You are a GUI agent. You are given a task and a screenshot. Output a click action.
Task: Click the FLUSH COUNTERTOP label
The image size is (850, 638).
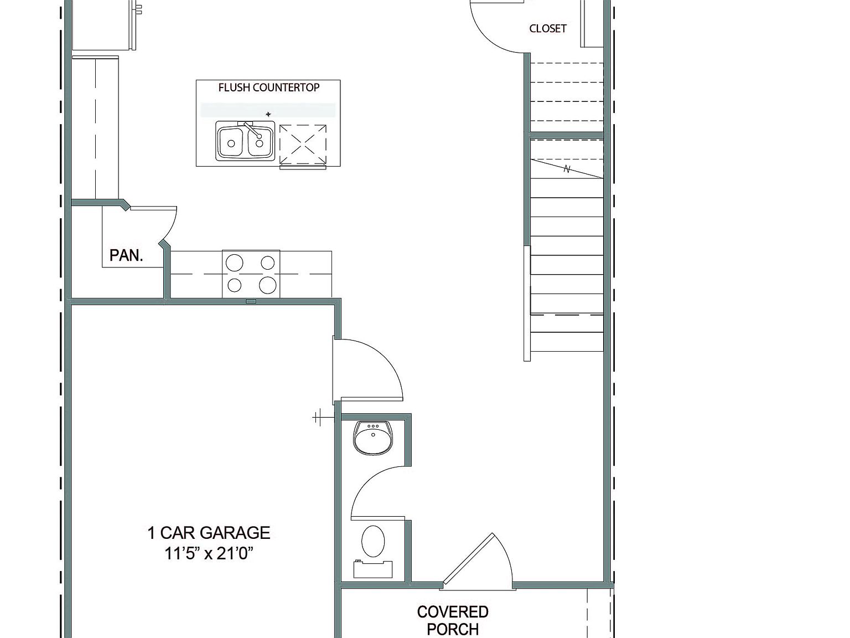coord(268,88)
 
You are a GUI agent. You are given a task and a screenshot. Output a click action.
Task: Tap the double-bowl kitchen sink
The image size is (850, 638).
coord(245,142)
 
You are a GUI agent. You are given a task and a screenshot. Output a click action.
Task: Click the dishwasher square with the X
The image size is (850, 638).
coord(303,145)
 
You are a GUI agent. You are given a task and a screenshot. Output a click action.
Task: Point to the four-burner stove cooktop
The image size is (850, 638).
coord(251,274)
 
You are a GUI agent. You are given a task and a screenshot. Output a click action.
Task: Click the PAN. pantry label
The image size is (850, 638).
coord(126,255)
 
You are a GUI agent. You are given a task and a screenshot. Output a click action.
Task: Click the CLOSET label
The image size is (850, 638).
coord(547,29)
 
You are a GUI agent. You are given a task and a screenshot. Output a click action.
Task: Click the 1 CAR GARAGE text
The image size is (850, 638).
coord(209,533)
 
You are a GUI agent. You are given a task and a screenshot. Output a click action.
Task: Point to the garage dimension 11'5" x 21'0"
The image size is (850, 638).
coord(209,553)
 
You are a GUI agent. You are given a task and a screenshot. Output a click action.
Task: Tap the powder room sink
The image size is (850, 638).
coord(373,438)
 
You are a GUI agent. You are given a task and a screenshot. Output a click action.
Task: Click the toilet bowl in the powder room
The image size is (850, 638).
coord(373,541)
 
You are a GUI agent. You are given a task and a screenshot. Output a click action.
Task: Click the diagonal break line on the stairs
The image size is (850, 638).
coord(567,169)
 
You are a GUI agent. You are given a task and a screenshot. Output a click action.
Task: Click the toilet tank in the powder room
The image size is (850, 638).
coord(373,569)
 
